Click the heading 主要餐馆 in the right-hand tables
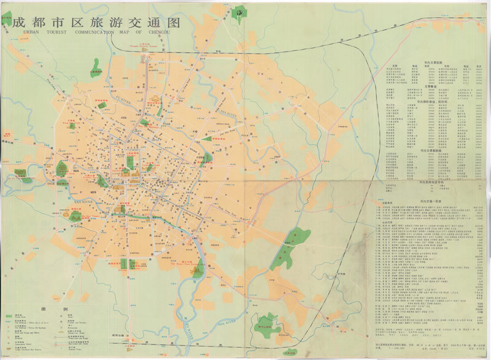tap(429, 86)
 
